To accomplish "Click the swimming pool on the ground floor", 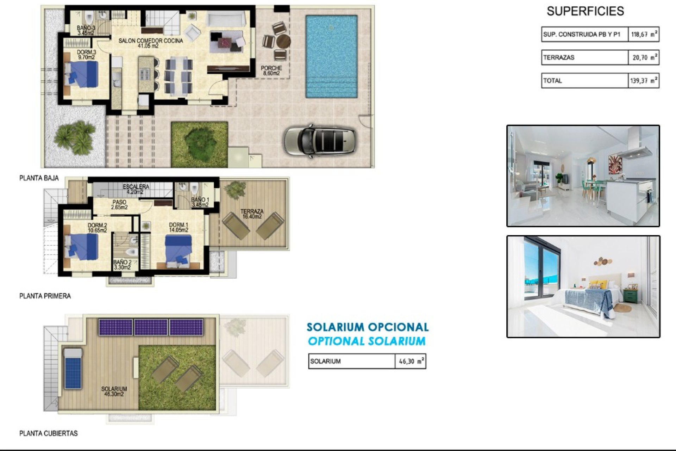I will [x=331, y=56].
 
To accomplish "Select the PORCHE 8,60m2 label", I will [x=271, y=70].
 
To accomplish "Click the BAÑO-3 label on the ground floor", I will [x=86, y=30].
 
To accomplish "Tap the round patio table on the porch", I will [x=283, y=42].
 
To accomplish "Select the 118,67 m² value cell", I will [x=643, y=35].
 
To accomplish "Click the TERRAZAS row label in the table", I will [x=559, y=57].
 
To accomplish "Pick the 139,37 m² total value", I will [x=643, y=81].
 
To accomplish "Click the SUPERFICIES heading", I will [x=585, y=11].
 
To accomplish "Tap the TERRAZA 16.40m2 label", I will [x=252, y=214].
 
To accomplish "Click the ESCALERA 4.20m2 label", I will [x=136, y=189].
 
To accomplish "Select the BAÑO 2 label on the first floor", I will [x=122, y=265].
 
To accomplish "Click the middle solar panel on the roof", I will [x=151, y=327].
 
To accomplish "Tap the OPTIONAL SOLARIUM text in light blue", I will [x=367, y=341].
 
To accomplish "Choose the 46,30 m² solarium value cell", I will [x=411, y=362].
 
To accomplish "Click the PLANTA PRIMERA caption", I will [x=45, y=296].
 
